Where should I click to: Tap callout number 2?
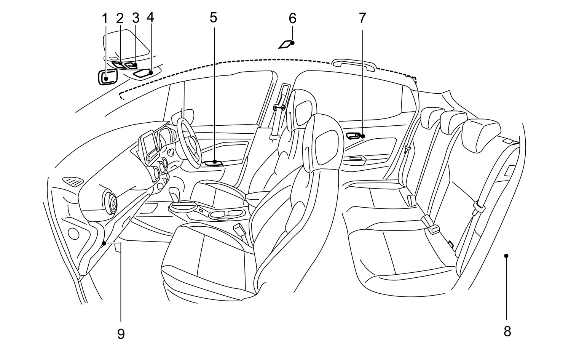coord(120,18)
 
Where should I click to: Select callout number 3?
coord(136,18)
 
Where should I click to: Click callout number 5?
coord(213,18)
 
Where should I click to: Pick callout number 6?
coord(292,18)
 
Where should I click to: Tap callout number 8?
coord(507,331)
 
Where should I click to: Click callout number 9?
coord(121,334)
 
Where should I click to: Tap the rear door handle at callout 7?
coord(354,135)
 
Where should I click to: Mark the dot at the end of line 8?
coord(506,256)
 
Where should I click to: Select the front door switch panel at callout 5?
coord(213,163)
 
